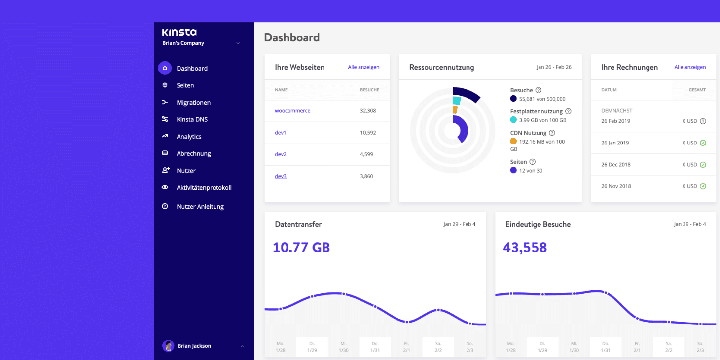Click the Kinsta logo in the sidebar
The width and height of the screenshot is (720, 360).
point(179,32)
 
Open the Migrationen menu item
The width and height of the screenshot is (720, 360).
point(193,103)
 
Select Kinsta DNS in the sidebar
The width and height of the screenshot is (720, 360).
point(192,119)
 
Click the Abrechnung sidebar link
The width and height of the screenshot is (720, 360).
point(193,154)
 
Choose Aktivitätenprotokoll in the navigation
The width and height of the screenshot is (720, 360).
point(204,188)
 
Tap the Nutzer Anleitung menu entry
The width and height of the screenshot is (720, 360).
point(200,207)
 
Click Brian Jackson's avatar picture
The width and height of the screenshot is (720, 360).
point(168,346)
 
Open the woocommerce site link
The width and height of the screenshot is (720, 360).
point(292,111)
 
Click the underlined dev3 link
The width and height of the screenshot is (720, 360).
point(281,176)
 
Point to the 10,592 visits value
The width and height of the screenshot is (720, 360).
point(368,133)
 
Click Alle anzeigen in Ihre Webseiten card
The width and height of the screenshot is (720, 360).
point(363,67)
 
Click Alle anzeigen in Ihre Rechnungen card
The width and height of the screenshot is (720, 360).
point(690,67)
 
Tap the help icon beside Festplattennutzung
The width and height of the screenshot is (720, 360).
point(568,111)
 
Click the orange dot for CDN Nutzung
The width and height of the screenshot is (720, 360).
point(513,142)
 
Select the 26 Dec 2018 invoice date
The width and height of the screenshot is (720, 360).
point(615,165)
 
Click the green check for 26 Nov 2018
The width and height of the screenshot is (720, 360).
point(703,186)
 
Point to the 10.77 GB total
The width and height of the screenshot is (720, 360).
point(301,248)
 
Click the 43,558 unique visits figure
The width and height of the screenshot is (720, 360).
point(525,248)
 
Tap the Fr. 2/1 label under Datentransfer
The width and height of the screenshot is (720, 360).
point(406,347)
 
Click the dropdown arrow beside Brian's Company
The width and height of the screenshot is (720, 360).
point(238,43)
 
